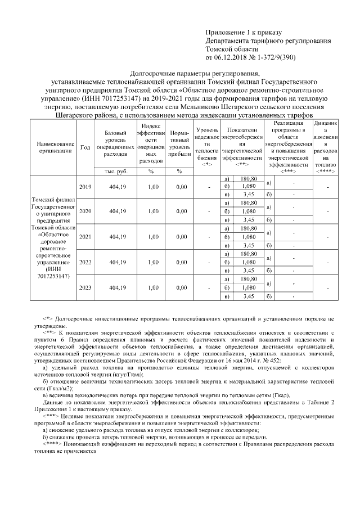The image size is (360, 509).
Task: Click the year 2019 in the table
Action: coord(85,187)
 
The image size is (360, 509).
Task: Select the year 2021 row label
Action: coord(85,237)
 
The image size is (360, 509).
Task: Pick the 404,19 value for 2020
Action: coord(118,212)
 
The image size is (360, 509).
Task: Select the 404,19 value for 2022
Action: coord(118,262)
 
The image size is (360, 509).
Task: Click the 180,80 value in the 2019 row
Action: coord(248,179)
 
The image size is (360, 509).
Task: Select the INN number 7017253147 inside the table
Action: coord(56,276)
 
